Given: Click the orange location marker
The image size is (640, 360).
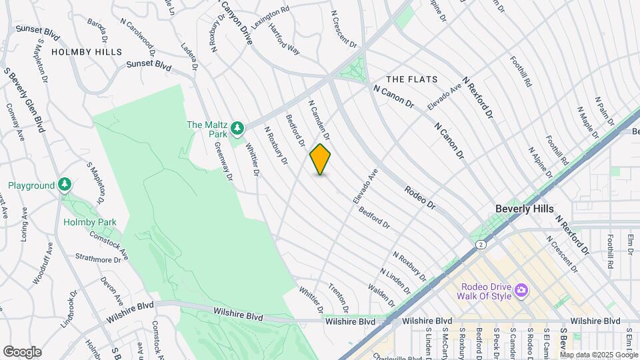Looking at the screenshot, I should coord(320,159).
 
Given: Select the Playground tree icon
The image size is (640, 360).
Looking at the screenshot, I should coord(65,184).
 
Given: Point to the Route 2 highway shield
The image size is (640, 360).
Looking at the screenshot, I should coord(480,245).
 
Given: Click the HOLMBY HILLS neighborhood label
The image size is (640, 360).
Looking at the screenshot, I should coord(87,52).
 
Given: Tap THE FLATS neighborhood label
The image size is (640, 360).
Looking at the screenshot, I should coord(412,79).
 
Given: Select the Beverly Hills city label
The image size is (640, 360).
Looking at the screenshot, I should coord(524,209).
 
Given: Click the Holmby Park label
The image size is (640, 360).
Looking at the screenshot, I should coord(90,223).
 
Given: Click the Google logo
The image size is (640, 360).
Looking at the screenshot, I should coord(22,352).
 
